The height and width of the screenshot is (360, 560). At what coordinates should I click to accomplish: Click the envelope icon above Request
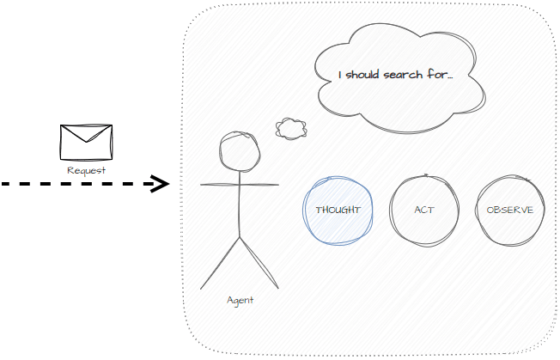[86, 142]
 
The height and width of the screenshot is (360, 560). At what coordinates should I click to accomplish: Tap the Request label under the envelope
[86, 170]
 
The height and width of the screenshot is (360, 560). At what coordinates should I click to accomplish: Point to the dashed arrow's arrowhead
[159, 183]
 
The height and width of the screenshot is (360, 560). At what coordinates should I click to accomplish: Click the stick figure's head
[240, 151]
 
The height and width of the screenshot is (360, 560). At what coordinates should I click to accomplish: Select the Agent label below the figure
[240, 300]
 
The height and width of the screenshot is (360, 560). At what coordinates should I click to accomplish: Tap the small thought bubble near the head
[291, 129]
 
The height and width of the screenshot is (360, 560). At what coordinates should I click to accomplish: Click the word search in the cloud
[403, 76]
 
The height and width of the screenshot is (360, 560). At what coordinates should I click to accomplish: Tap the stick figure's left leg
[220, 262]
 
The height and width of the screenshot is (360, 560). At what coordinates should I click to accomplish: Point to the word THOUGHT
[338, 211]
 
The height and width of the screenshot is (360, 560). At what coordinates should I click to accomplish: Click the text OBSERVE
[509, 211]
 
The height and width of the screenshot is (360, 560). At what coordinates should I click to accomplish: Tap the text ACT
[423, 211]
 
